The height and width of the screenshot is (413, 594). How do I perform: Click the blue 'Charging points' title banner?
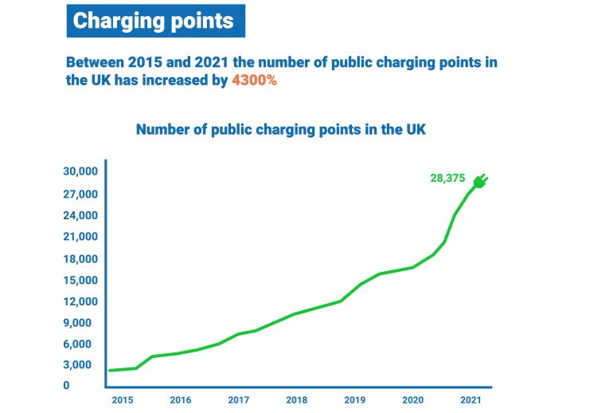(x=155, y=21)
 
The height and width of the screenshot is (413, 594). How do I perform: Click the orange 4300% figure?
(x=254, y=81)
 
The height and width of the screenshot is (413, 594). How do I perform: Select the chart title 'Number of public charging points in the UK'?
(x=280, y=129)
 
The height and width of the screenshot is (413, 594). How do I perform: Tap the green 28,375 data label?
(x=447, y=179)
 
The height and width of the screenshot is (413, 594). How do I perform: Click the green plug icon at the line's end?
(x=480, y=182)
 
